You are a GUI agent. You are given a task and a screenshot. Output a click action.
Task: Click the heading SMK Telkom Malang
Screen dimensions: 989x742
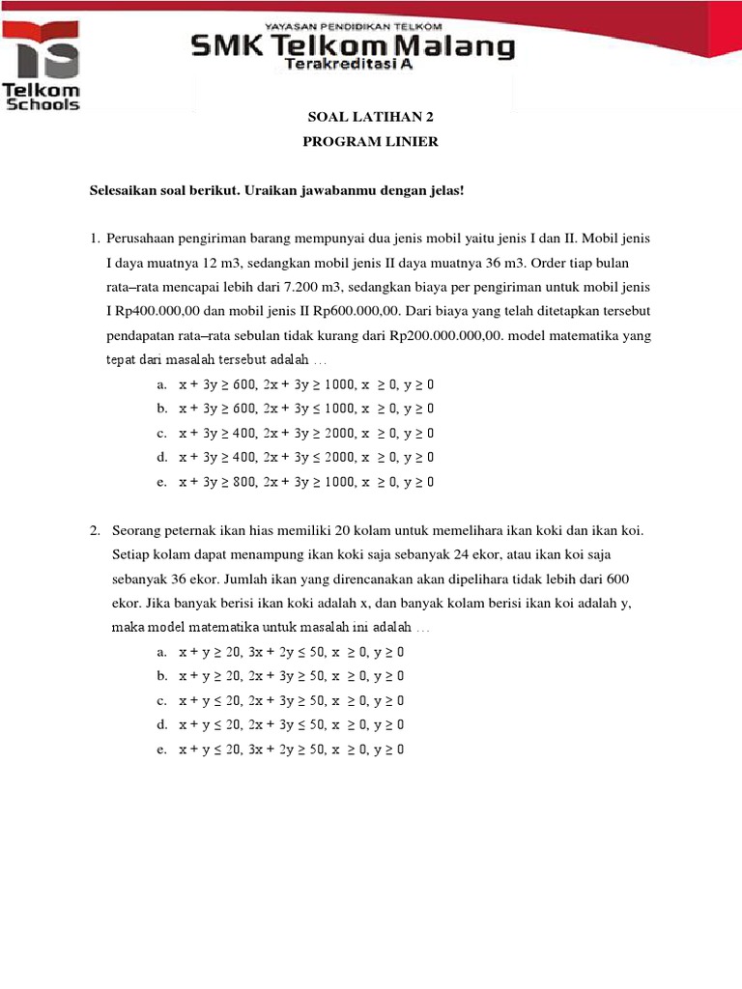(353, 45)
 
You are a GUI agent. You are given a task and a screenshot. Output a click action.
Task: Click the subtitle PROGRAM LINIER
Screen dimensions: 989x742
(357, 142)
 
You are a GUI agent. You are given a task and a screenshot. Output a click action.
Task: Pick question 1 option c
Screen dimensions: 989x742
(305, 433)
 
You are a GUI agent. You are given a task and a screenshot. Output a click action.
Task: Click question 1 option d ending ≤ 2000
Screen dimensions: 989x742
(305, 457)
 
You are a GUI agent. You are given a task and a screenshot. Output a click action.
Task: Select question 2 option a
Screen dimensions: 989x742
(291, 652)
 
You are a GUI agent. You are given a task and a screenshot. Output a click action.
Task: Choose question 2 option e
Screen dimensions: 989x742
(291, 749)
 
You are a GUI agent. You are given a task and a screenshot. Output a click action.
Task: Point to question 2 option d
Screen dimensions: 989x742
(291, 724)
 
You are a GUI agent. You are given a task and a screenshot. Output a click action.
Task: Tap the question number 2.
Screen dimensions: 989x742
(95, 530)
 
